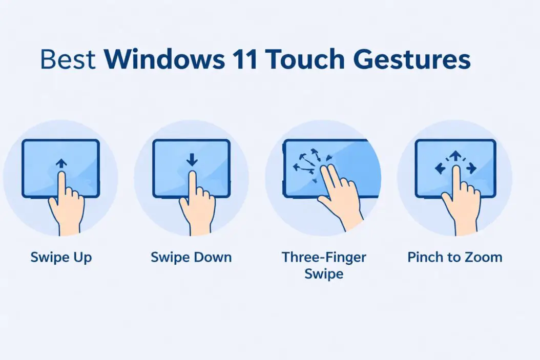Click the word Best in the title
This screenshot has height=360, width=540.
point(68,60)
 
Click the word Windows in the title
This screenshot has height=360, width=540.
point(163,60)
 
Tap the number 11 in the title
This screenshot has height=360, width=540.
point(243,60)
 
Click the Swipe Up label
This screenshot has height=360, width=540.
point(60,257)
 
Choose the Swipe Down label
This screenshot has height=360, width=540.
point(191,257)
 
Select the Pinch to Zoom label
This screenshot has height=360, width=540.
point(454,257)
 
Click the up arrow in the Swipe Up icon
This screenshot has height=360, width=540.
point(61,163)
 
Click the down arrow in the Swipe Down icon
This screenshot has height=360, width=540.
point(192,160)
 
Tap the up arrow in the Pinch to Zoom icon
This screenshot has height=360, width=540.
point(454,155)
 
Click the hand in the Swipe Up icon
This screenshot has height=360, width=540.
point(66,205)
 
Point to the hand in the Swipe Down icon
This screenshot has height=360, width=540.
point(197,205)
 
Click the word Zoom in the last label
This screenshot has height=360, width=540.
point(485,257)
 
